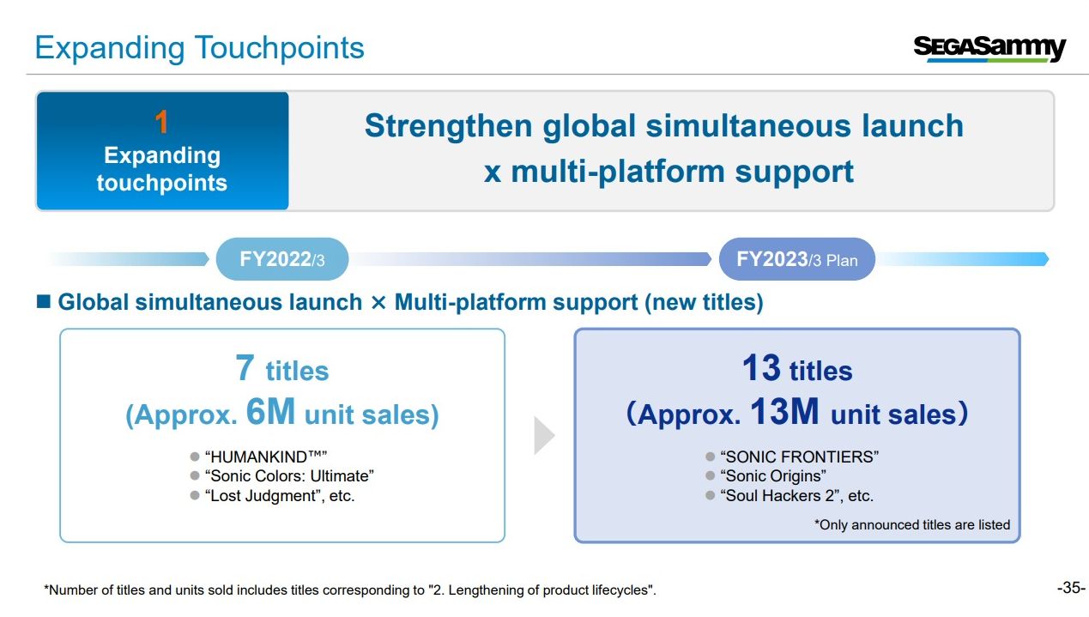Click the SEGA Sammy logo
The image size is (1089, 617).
[x=989, y=49]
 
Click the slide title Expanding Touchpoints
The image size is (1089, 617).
[x=199, y=48]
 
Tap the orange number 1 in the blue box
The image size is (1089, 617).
[x=161, y=122]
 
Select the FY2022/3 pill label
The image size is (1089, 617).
[x=282, y=259]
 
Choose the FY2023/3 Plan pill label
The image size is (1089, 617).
[x=797, y=259]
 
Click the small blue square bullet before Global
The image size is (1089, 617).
[x=44, y=301]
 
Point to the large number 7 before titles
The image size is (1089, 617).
[x=245, y=367]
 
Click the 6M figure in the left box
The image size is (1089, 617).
[x=270, y=411]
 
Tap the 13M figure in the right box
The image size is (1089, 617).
[x=784, y=411]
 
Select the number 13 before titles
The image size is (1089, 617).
[x=761, y=367]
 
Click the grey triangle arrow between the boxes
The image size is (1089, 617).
[x=544, y=435]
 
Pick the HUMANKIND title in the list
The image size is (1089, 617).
[x=266, y=457]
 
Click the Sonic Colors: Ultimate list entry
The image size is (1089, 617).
[x=289, y=476]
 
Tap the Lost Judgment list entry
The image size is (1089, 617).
[x=280, y=496]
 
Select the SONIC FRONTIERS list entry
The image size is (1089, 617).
[x=799, y=457]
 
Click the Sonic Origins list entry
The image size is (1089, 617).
[x=773, y=476]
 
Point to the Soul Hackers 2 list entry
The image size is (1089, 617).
[x=797, y=496]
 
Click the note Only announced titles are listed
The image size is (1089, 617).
[x=912, y=525]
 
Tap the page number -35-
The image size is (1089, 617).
[x=1071, y=588]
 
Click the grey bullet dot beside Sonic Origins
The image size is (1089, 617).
[x=710, y=475]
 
